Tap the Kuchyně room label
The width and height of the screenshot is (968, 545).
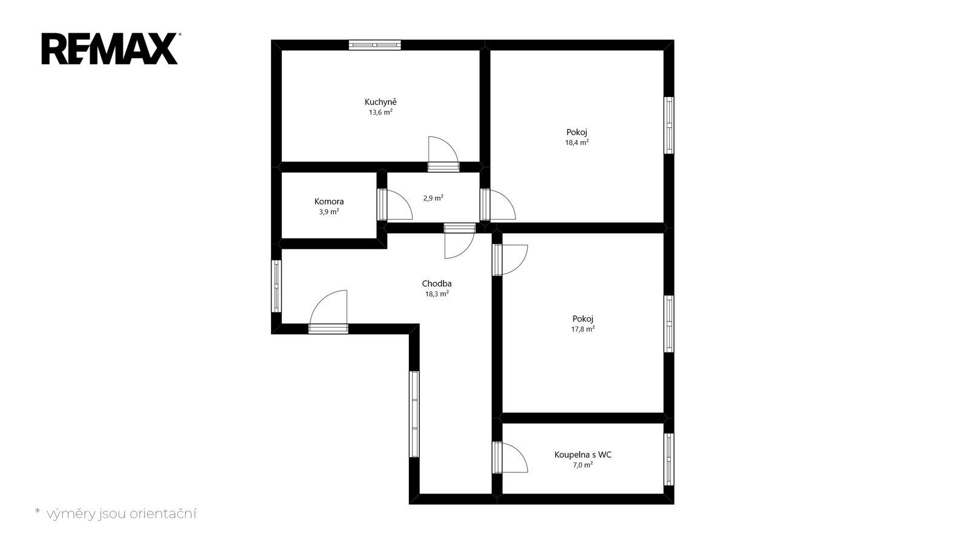[x=381, y=102]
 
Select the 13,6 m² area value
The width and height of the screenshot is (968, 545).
[x=381, y=113]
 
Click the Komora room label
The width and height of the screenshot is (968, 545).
[x=329, y=202]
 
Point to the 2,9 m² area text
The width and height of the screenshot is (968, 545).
[x=433, y=198]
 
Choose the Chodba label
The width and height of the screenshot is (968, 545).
[x=437, y=284]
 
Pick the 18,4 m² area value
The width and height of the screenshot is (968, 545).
[x=577, y=142]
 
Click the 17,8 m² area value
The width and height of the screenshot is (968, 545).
[x=583, y=329]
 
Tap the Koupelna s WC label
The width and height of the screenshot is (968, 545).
[x=583, y=455]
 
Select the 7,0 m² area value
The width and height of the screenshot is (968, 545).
[x=583, y=465]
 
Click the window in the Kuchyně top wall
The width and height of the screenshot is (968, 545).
[x=374, y=45]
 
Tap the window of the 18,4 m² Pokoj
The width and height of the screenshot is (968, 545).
[x=669, y=125]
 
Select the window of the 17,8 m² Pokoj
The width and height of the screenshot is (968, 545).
[x=669, y=324]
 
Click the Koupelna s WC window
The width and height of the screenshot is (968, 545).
[x=669, y=460]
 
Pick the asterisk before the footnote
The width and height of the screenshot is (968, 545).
[x=37, y=511]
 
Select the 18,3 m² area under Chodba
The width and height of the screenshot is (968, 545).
[x=437, y=294]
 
